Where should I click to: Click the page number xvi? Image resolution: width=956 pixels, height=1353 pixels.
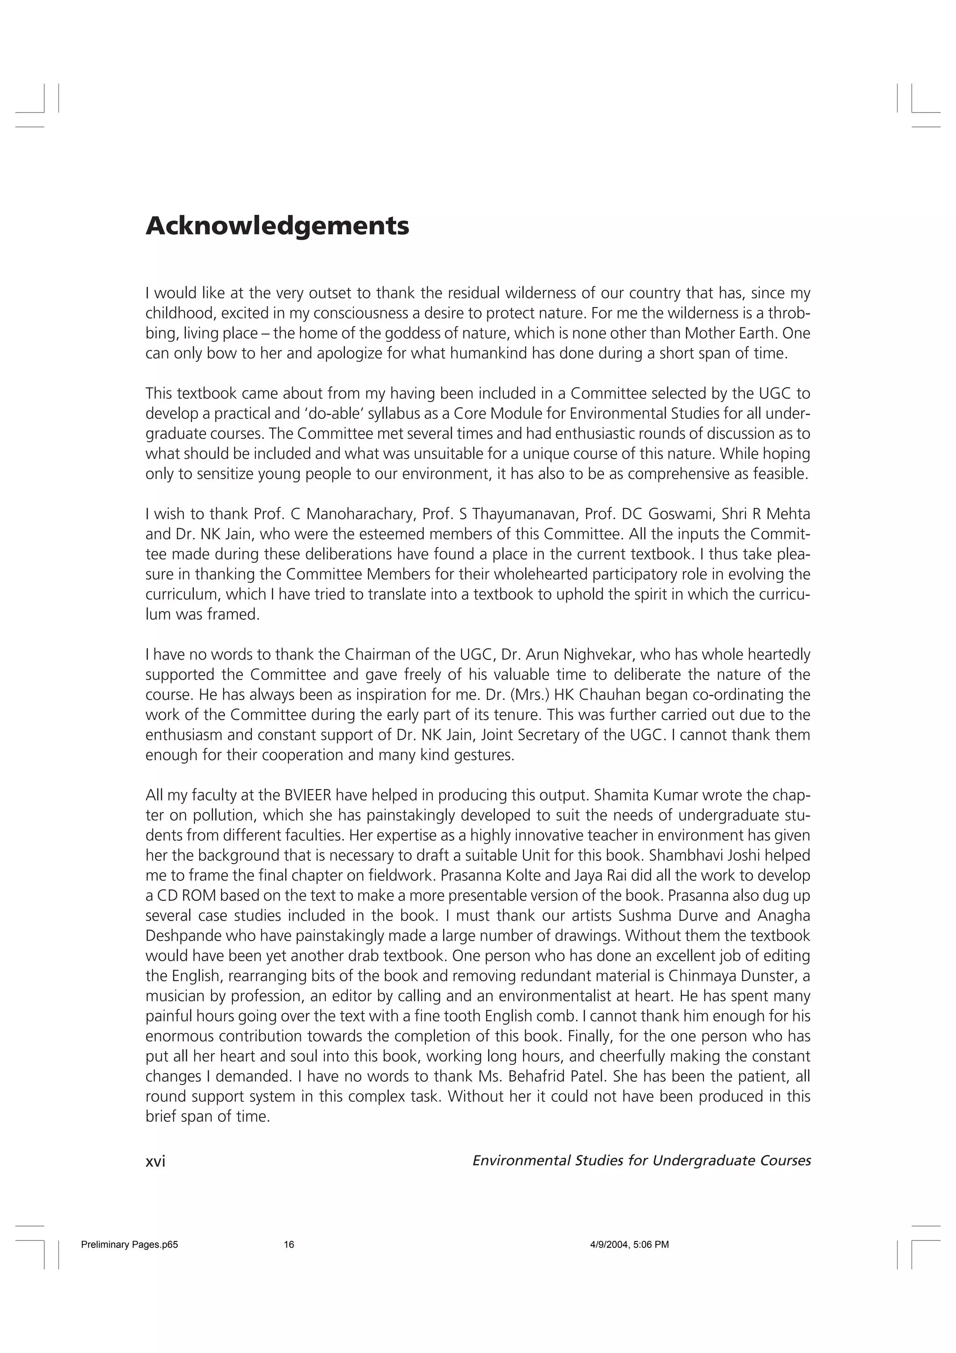pos(155,1161)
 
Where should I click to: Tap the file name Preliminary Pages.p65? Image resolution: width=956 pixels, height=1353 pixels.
pos(129,1245)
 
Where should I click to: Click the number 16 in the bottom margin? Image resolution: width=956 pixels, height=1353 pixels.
pos(288,1245)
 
